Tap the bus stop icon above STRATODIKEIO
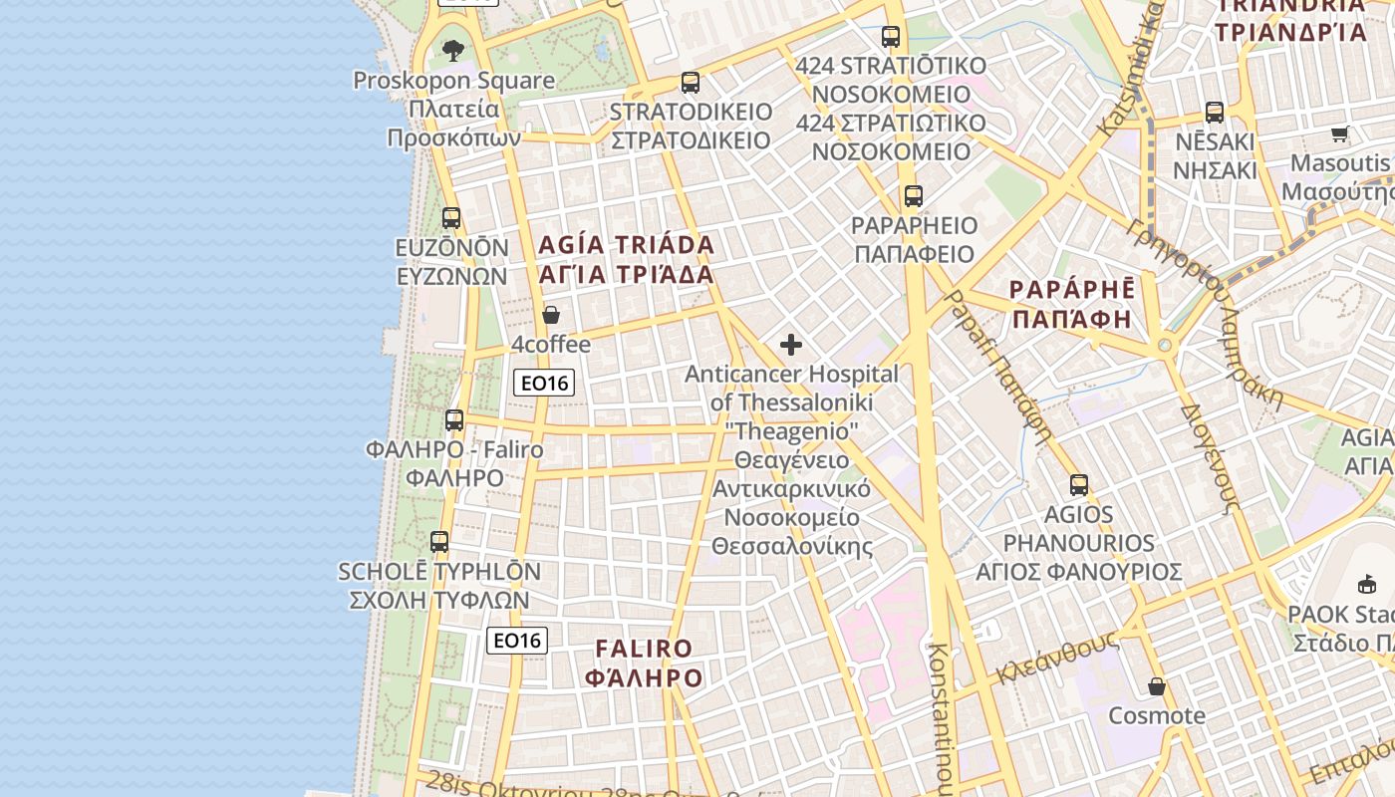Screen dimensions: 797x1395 pos(691,83)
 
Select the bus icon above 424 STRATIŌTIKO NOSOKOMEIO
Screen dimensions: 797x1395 pos(891,37)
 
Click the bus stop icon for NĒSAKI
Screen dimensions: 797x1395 pos(1215,113)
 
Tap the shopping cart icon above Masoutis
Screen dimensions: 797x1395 pos(1340,133)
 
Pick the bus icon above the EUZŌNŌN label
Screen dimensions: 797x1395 pos(451,218)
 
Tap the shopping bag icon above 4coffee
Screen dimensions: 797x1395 pos(551,316)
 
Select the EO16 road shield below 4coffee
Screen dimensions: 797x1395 pos(544,383)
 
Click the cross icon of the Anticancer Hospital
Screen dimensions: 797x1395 pos(791,346)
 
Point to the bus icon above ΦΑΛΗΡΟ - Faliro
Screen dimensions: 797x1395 pos(454,420)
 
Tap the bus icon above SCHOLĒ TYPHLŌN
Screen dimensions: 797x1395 pos(439,543)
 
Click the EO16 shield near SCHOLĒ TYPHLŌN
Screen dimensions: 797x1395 pos(517,641)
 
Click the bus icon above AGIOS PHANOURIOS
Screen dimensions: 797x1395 pos(1079,485)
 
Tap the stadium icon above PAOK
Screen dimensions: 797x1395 pos(1367,585)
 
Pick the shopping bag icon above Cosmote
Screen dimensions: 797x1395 pos(1157,686)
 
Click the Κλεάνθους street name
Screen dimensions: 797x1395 pos(1057,660)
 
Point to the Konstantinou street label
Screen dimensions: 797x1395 pos(940,712)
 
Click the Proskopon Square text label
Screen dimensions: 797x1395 pos(454,80)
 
